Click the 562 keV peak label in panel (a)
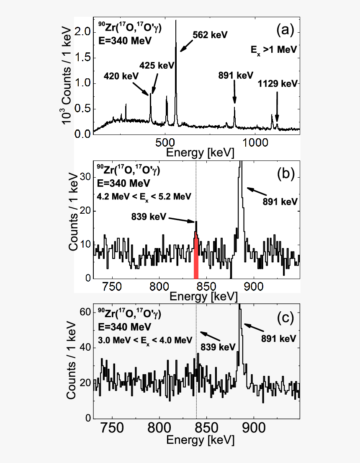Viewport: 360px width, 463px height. [x=210, y=35]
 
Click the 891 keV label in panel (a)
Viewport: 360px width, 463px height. [x=236, y=75]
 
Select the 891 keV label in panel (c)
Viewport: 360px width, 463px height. [x=278, y=338]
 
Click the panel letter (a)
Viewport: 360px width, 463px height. [x=286, y=30]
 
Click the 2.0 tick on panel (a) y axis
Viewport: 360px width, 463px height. [x=84, y=32]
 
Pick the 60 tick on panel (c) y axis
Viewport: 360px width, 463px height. [x=85, y=312]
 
